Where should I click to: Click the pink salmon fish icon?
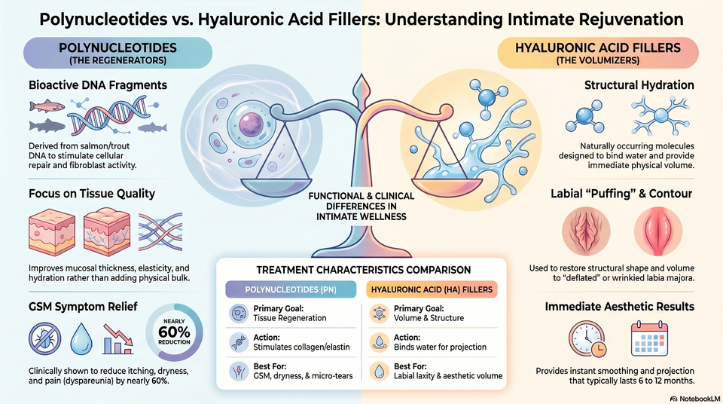(47, 106)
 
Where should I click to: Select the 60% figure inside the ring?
(174, 332)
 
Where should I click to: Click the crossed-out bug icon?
(44, 338)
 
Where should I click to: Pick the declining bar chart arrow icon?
(118, 339)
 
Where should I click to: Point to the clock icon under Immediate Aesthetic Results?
(587, 339)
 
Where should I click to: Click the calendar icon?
(649, 339)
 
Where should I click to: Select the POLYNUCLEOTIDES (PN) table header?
(291, 289)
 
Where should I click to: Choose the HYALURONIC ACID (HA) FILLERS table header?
(432, 289)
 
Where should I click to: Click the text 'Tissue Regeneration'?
(289, 318)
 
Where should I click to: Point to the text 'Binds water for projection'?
(440, 347)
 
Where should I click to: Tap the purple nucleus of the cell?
(252, 124)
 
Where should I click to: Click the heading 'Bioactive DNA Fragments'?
(98, 85)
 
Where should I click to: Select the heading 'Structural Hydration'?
(639, 85)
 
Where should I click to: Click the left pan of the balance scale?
(276, 186)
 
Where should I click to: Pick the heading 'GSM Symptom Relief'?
(83, 307)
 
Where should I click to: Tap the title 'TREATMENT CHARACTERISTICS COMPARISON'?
(363, 270)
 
